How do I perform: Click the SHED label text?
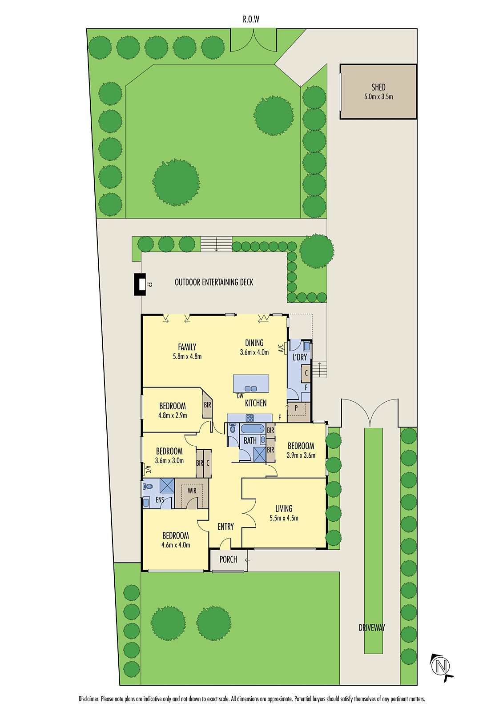[x=378, y=87]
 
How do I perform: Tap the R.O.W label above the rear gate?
[x=251, y=20]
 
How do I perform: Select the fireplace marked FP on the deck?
[x=141, y=284]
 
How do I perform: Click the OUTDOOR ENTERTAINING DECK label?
[x=214, y=282]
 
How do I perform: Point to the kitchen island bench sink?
[x=251, y=388]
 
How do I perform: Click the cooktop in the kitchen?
[x=249, y=418]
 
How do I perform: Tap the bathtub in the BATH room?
[x=252, y=429]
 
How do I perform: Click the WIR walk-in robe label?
[x=192, y=491]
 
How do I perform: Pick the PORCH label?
[x=228, y=559]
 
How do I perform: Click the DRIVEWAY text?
[x=372, y=627]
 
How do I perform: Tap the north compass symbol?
[x=441, y=666]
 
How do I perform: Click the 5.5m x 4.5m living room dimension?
[x=284, y=518]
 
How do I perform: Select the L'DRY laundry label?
[x=299, y=357]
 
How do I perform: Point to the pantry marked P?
[x=296, y=407]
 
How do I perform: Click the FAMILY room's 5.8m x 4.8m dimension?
[x=187, y=356]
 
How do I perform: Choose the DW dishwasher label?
[x=240, y=396]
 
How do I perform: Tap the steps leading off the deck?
[x=216, y=244]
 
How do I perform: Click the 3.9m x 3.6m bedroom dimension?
[x=301, y=455]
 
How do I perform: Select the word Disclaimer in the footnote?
[x=89, y=699]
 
